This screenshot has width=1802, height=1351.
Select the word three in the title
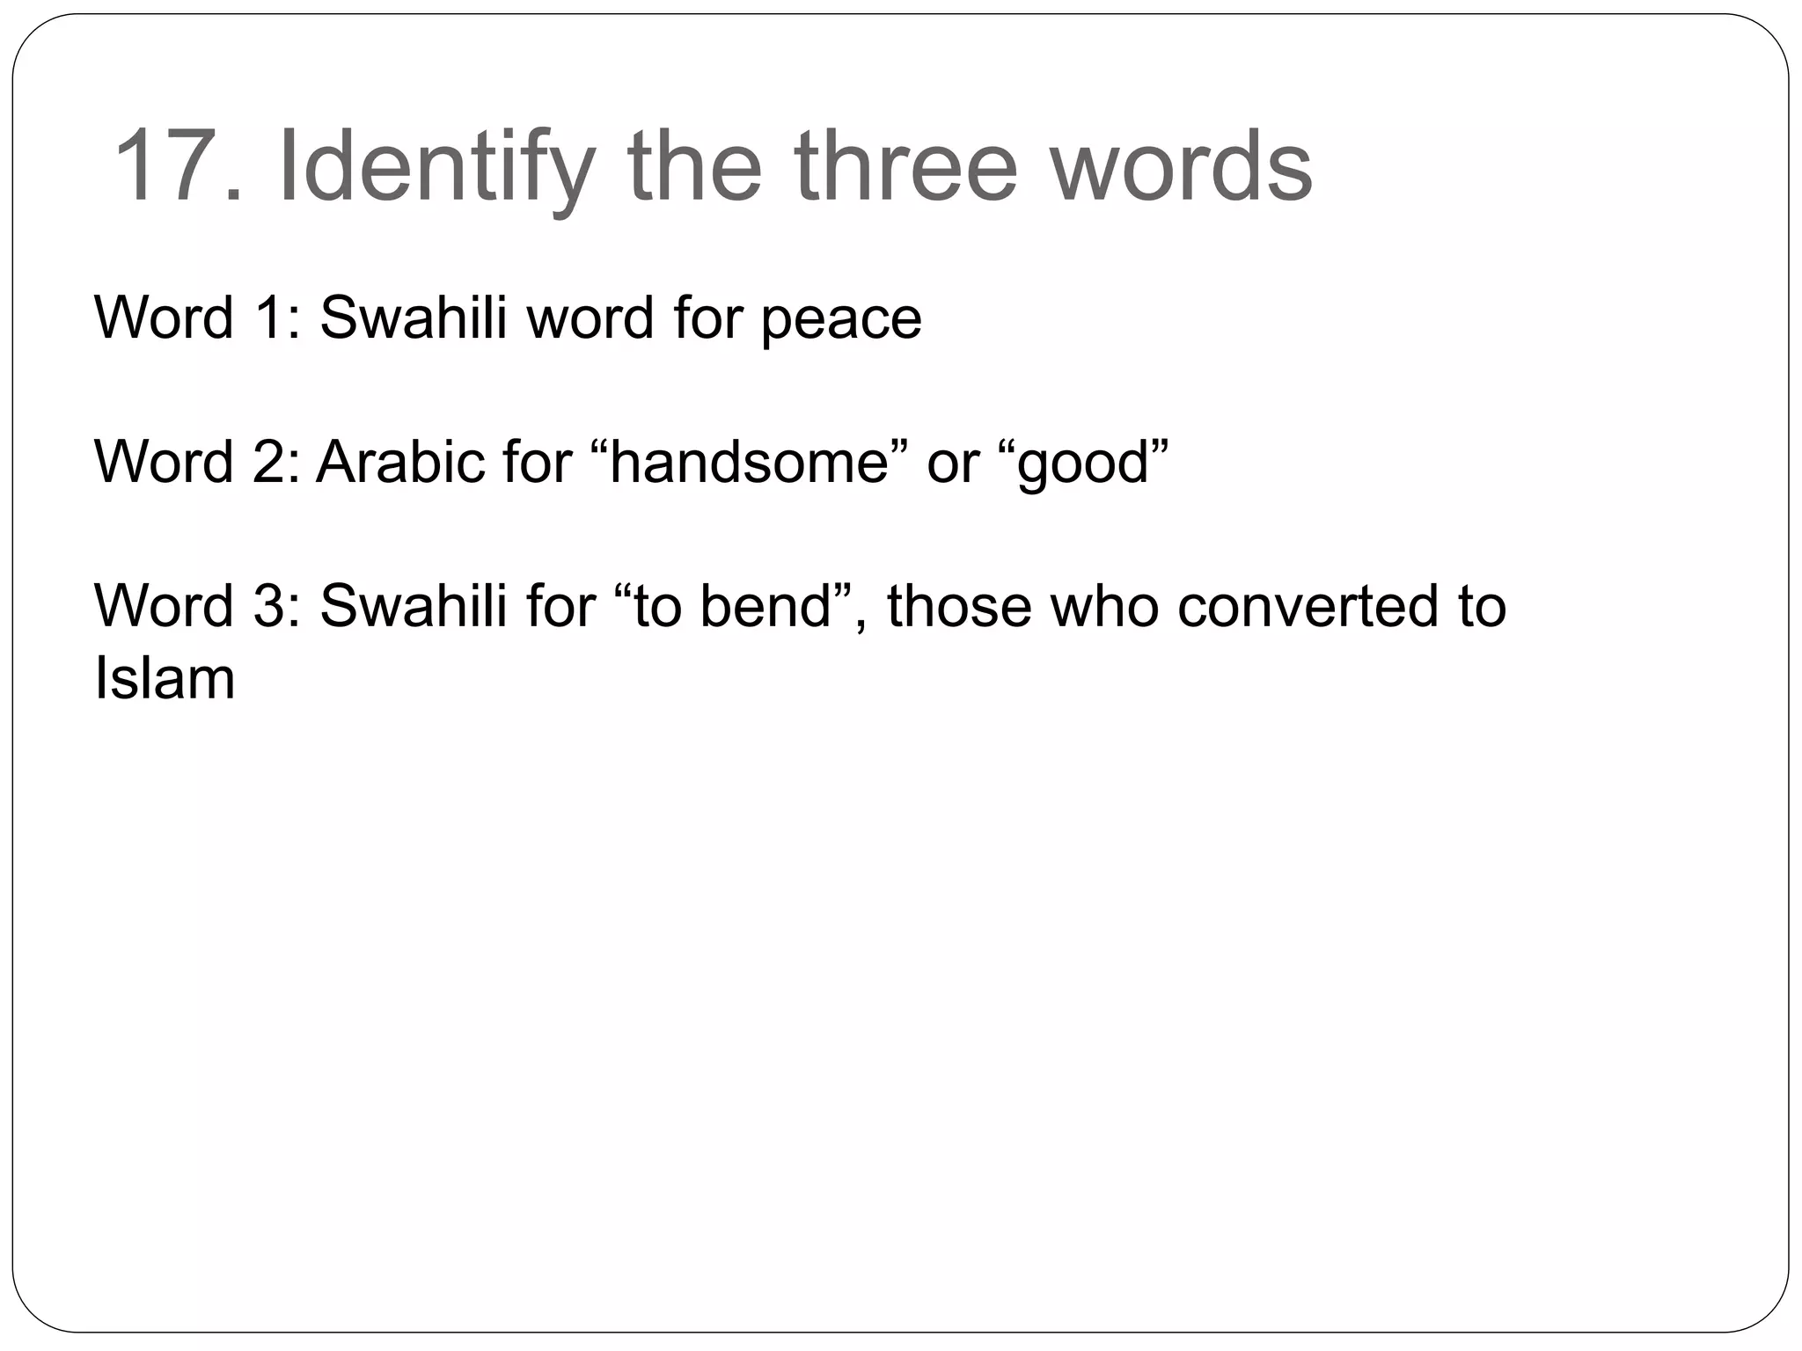click(x=906, y=166)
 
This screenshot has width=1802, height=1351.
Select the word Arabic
click(x=400, y=462)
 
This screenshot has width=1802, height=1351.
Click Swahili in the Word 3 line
click(x=414, y=606)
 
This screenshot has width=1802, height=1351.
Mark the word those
click(x=958, y=606)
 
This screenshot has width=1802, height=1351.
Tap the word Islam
click(x=165, y=678)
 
